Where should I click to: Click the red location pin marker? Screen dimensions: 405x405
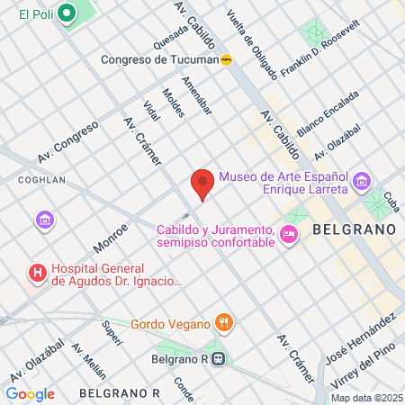[202, 184]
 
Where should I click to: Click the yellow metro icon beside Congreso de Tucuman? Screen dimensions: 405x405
[227, 60]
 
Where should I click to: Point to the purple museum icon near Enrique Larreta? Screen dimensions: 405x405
[362, 183]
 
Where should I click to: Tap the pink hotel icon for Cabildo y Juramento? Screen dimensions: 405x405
[288, 235]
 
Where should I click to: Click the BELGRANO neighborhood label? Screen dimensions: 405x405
[355, 229]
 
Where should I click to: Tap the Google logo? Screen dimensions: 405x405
[30, 393]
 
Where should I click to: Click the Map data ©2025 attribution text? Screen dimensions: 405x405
[365, 397]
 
